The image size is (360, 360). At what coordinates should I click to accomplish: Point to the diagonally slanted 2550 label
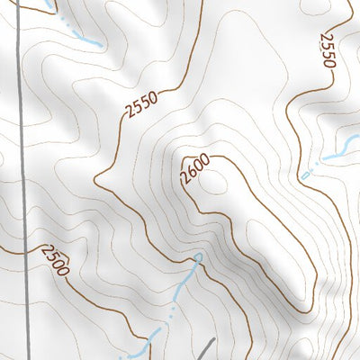click(142, 105)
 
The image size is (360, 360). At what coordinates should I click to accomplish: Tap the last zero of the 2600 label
click(203, 160)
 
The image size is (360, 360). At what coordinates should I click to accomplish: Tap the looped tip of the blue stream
click(197, 259)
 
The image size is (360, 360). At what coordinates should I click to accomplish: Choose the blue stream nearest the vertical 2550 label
click(328, 158)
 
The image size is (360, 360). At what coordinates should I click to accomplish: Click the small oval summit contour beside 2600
click(216, 182)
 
